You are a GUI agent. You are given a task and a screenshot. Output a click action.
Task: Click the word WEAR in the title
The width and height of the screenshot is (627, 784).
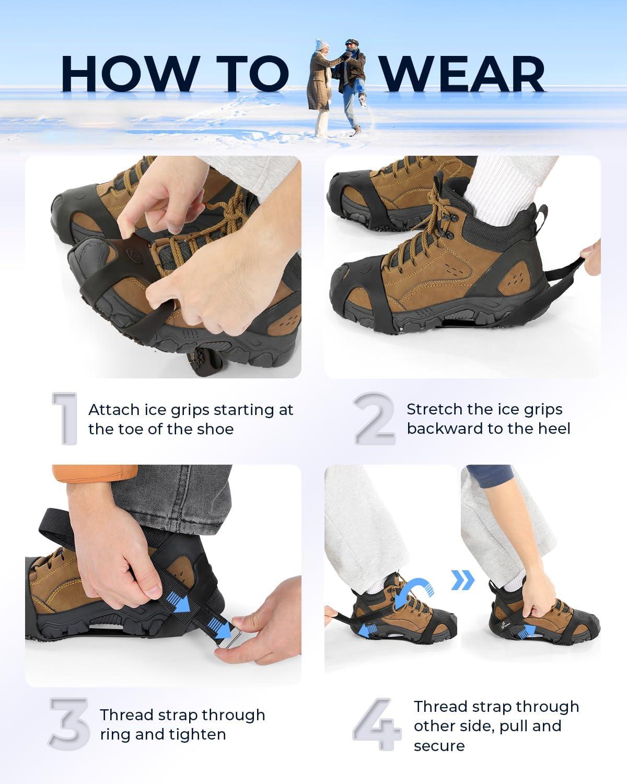pyautogui.click(x=463, y=73)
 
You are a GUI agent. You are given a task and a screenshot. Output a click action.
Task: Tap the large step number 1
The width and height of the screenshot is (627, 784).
pyautogui.click(x=65, y=418)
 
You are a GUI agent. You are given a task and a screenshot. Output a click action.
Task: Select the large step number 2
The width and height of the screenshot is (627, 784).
pyautogui.click(x=375, y=418)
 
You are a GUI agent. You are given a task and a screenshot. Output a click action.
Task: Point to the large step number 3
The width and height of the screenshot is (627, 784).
pyautogui.click(x=69, y=724)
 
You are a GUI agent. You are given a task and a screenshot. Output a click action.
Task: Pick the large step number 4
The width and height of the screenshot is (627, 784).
pyautogui.click(x=377, y=724)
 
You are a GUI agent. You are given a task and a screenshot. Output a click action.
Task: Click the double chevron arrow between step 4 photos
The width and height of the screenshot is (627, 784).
pyautogui.click(x=463, y=580)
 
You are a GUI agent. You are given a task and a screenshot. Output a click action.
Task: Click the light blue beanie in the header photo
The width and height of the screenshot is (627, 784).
pyautogui.click(x=321, y=44)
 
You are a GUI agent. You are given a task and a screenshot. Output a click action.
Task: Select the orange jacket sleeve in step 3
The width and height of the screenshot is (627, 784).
pyautogui.click(x=95, y=473)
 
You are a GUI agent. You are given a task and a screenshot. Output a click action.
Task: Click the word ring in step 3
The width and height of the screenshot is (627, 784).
pyautogui.click(x=115, y=735)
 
